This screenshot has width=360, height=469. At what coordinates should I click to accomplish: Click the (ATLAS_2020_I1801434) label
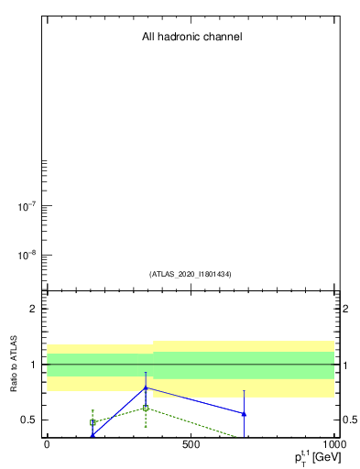click(191, 274)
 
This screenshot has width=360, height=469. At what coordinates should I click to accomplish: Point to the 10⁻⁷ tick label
click(26, 207)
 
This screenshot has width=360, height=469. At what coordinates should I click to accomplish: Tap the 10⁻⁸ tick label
click(26, 256)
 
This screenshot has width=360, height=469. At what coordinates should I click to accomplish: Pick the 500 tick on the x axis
click(191, 443)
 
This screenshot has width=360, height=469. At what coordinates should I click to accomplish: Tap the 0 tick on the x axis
click(47, 443)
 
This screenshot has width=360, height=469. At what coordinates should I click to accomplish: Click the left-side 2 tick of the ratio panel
click(33, 309)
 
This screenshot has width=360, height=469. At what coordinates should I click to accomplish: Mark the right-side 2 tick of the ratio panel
click(346, 309)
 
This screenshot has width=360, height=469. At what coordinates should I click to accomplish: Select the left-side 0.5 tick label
click(28, 420)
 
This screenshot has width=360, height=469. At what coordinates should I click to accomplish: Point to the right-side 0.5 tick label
click(351, 420)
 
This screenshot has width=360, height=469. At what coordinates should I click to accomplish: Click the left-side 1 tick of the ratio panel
click(33, 365)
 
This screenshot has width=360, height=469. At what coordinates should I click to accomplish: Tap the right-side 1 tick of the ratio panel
click(346, 365)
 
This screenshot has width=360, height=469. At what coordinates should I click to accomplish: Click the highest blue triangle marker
click(146, 387)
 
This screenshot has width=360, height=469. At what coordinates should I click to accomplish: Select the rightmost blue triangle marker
click(244, 414)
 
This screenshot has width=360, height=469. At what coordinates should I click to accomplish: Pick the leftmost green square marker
click(93, 422)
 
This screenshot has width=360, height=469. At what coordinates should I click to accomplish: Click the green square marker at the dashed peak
click(146, 408)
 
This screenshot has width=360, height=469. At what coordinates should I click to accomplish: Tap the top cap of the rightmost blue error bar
click(244, 391)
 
